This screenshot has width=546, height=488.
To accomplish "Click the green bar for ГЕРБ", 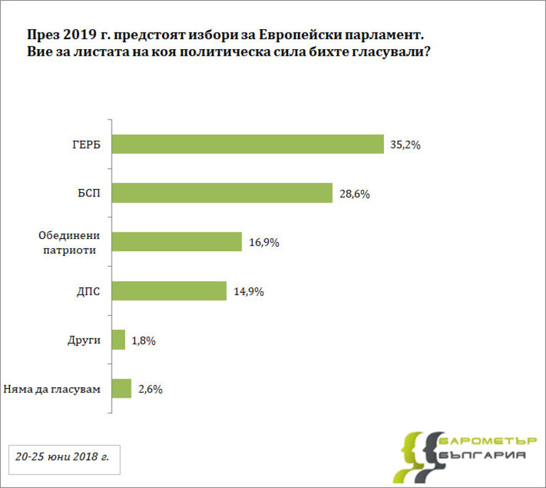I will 247,144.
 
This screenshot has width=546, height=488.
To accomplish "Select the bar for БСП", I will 222,193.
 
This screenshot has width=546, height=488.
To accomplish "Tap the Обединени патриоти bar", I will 177,242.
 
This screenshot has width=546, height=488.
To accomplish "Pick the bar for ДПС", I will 169,291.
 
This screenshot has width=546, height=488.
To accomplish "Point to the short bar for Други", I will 119,340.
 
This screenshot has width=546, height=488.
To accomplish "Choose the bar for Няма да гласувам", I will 122,388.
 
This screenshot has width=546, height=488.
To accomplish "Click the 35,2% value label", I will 406,144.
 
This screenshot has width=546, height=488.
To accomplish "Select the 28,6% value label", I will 354,193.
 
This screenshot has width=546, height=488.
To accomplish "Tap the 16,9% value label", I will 264,243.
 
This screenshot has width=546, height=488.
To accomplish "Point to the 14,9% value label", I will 248,291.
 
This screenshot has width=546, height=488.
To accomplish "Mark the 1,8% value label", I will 144,340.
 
